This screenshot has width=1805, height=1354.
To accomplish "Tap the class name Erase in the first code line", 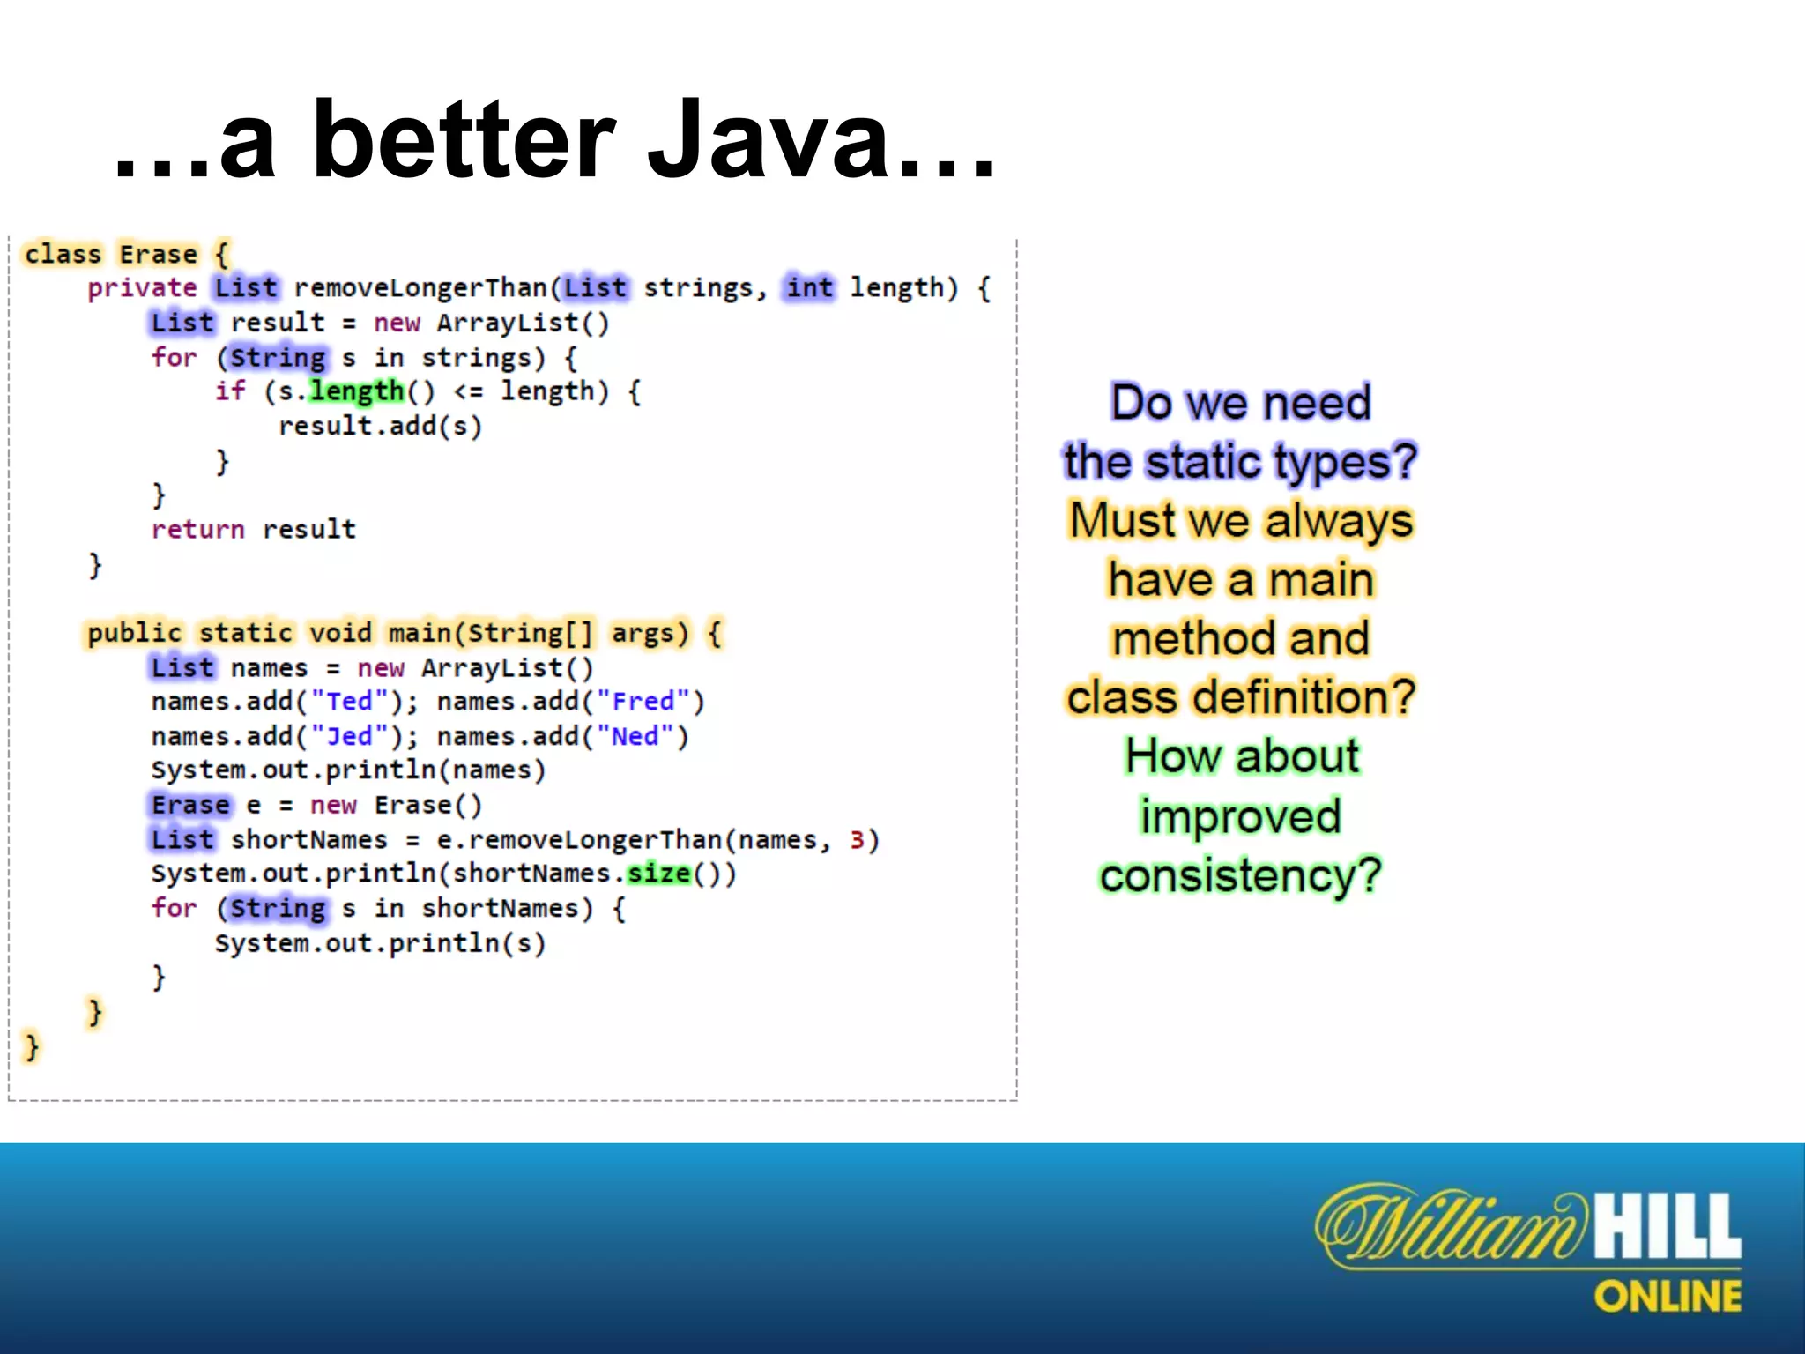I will click(158, 255).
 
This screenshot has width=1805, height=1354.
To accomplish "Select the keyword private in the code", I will click(142, 288).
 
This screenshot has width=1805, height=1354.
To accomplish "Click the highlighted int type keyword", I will click(809, 287).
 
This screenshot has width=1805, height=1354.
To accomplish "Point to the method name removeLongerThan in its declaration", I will click(420, 288).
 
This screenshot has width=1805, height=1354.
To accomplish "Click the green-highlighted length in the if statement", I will click(356, 391).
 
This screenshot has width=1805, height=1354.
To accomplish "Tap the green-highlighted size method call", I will click(658, 874).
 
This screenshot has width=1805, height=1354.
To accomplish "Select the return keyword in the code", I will click(197, 530).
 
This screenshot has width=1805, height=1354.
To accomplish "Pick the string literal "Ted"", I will click(349, 702).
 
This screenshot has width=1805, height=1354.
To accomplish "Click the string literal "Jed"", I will click(349, 736).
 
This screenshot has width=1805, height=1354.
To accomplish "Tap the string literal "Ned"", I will click(635, 736).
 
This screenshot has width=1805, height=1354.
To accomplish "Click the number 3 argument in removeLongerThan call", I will click(857, 840).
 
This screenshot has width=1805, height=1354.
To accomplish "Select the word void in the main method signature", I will click(340, 633).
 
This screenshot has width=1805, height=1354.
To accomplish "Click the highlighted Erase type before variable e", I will click(189, 805).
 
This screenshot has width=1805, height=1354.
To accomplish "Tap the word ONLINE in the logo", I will click(1668, 1297).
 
